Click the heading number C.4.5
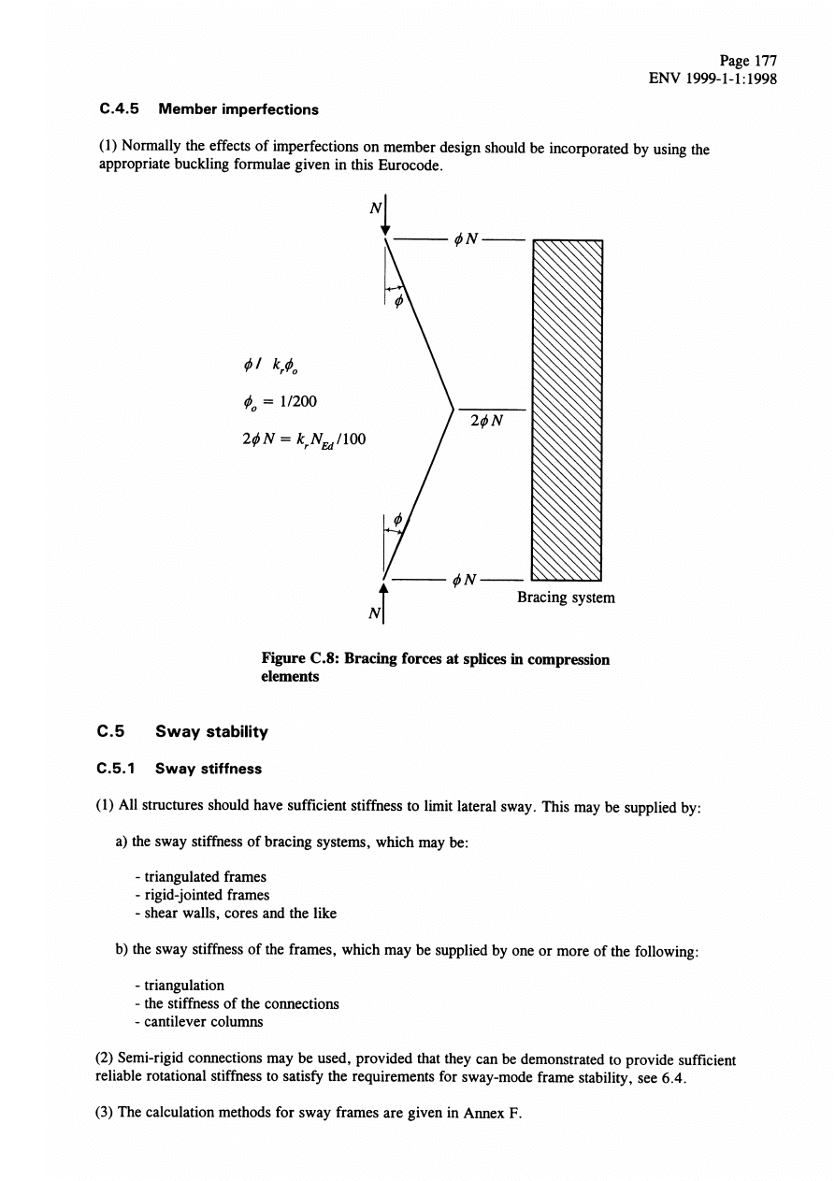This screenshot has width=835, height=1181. point(119,109)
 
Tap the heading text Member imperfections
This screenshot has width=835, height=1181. point(238,109)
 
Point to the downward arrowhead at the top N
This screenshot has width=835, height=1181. point(384,232)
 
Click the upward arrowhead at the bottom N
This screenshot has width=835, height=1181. point(383,587)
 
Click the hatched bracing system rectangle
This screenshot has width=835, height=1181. point(567,409)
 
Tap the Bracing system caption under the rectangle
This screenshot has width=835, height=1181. point(566,597)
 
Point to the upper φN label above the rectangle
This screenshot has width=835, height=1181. point(465,239)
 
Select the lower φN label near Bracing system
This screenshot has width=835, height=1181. point(465,581)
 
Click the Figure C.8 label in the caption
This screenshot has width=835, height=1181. point(299,659)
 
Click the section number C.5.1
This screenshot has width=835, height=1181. point(119,769)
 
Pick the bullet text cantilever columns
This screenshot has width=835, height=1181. point(198,1022)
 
